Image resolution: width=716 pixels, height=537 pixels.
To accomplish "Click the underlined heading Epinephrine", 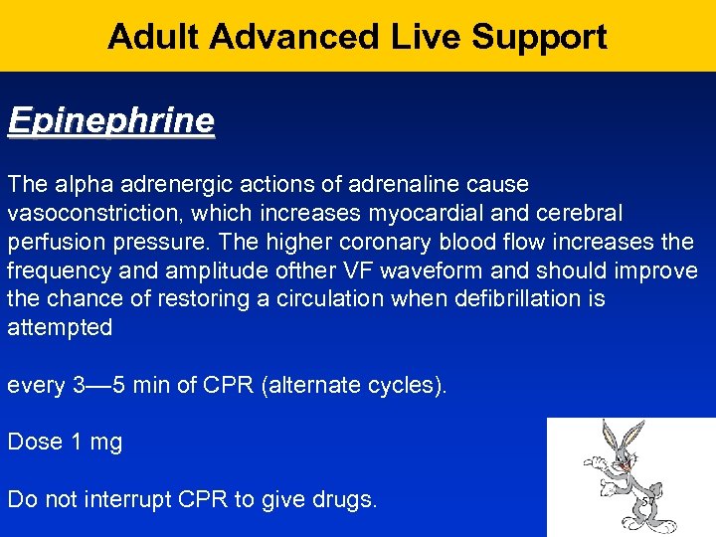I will coord(110,121).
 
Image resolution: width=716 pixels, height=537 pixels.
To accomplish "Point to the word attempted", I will coord(60,328).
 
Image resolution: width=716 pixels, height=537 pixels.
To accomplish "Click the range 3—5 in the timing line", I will coord(99,385).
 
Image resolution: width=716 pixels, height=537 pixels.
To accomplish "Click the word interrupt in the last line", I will coord(149,499).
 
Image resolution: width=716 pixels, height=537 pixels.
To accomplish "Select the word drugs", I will coord(343,499).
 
